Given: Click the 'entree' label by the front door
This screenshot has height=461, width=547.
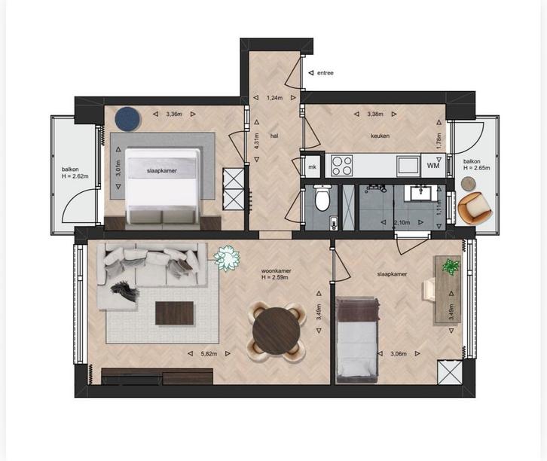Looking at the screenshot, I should (325, 73).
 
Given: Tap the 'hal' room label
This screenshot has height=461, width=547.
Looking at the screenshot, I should (275, 136).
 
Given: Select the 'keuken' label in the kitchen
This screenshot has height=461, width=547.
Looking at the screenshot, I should (378, 136).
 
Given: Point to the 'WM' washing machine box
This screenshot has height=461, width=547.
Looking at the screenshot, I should (432, 165).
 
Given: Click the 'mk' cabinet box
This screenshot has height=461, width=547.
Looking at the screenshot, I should (311, 166).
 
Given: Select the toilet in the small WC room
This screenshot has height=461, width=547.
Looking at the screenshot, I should (322, 200).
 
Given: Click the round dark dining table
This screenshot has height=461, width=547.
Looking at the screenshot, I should (275, 328).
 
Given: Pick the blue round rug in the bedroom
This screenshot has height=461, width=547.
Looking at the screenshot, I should (127, 117).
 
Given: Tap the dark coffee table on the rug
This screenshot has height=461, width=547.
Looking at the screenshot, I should (175, 313).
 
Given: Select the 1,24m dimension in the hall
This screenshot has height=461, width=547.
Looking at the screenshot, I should (275, 96).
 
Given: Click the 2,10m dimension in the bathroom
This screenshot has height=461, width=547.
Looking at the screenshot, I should (402, 222).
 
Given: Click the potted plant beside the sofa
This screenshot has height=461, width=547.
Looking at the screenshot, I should (226, 258).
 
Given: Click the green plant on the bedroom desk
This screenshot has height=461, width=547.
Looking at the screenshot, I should (451, 266).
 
